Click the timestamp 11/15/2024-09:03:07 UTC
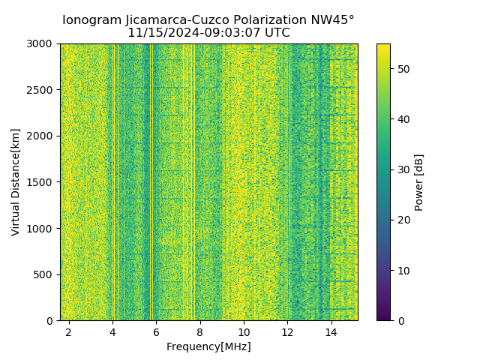[208, 33]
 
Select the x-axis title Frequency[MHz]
[208, 346]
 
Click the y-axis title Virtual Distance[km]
[16, 181]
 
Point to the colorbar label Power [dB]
[419, 182]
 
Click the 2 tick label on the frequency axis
[68, 331]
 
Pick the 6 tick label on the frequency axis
[156, 331]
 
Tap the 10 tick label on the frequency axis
[244, 331]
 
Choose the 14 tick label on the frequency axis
[331, 331]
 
